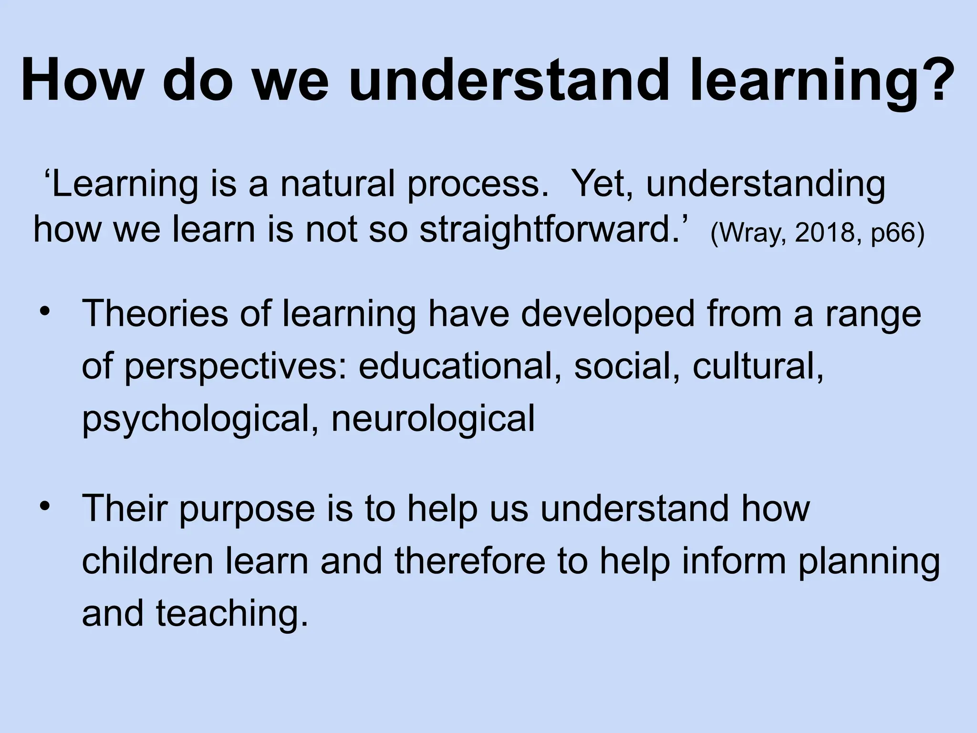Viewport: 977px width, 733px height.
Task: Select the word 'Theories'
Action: (x=155, y=314)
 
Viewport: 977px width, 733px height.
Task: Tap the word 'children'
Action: (x=147, y=561)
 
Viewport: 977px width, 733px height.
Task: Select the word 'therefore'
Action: (x=470, y=561)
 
